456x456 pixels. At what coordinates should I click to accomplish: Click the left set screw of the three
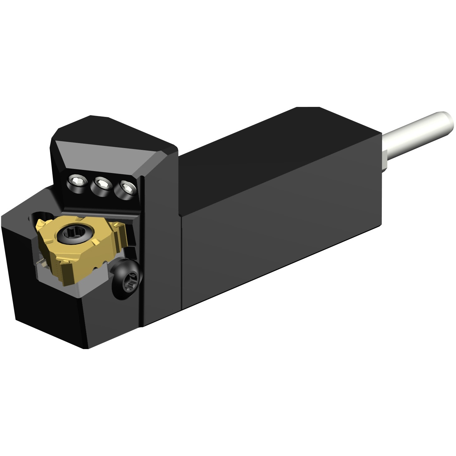76,181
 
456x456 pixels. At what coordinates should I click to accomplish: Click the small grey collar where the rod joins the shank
385,159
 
